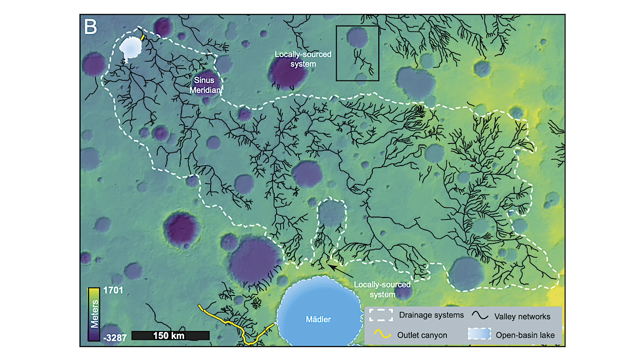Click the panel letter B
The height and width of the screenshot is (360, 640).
(x=91, y=27)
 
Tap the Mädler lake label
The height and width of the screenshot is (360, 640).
(x=318, y=319)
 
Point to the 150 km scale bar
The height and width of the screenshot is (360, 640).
(x=170, y=335)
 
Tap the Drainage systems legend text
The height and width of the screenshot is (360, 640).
(x=431, y=315)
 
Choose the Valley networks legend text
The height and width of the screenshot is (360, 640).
(x=522, y=316)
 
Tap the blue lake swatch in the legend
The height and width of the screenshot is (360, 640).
(x=478, y=334)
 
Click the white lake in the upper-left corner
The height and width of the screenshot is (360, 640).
(x=131, y=48)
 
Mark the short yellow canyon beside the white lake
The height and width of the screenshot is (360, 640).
(x=143, y=37)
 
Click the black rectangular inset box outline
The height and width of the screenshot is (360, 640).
(x=357, y=26)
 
